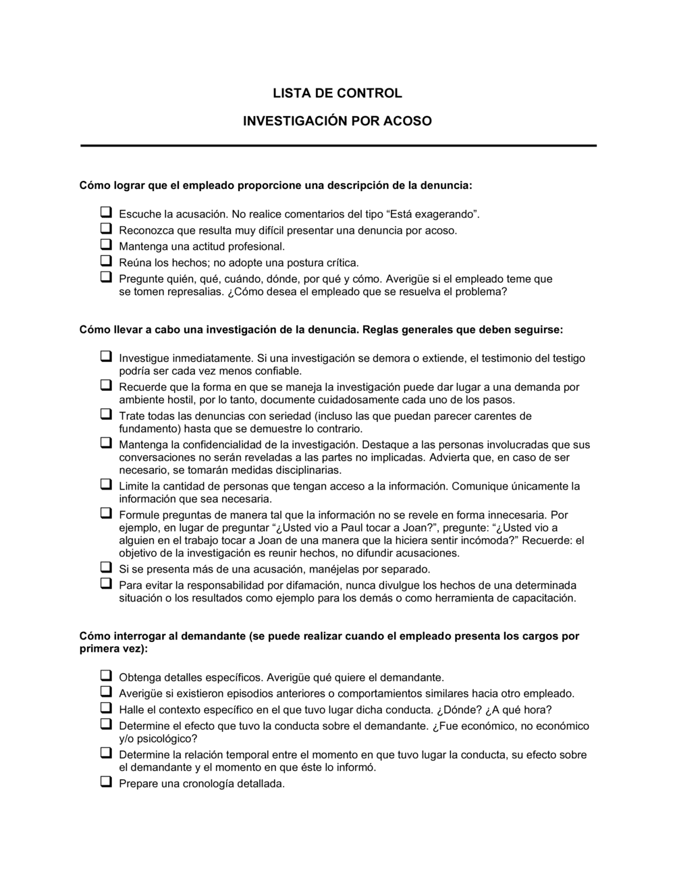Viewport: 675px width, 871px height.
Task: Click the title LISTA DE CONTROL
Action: [337, 93]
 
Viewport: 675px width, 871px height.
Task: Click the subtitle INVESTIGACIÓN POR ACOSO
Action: [337, 122]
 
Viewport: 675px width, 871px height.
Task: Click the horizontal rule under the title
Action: [338, 145]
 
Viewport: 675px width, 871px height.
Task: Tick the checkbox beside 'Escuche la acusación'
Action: [106, 213]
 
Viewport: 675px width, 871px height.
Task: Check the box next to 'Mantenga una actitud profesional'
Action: [106, 245]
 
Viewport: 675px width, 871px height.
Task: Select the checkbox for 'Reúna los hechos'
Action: [106, 261]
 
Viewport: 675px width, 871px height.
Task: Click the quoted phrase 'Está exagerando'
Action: [433, 215]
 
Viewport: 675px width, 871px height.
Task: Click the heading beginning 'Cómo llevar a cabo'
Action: [321, 330]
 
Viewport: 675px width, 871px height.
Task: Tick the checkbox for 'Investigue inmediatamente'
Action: [106, 357]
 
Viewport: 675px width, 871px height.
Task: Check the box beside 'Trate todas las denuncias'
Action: [106, 415]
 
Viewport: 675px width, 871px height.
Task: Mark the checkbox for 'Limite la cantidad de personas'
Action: [106, 485]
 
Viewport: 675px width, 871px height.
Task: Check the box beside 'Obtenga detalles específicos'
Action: [106, 676]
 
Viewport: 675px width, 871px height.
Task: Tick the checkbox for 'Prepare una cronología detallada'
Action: [106, 783]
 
